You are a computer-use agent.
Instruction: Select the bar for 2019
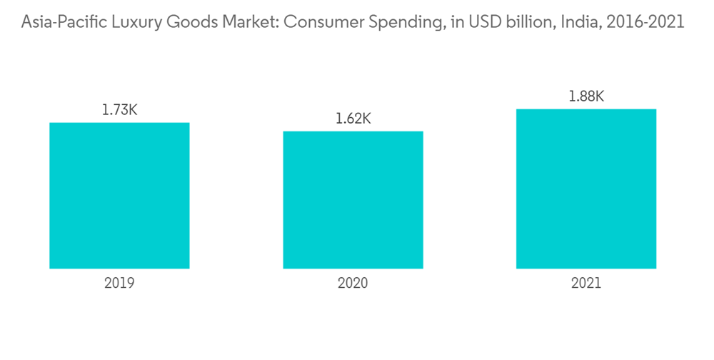[119, 196]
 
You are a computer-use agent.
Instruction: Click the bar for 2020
[353, 200]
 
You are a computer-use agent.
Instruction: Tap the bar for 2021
[586, 189]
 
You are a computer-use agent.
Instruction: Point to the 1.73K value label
[119, 110]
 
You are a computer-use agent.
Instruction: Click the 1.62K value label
[353, 119]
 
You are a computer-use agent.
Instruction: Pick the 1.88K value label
[586, 96]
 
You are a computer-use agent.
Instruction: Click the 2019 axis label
[119, 283]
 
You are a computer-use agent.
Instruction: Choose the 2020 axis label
[353, 283]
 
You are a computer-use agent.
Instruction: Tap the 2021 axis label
[586, 283]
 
